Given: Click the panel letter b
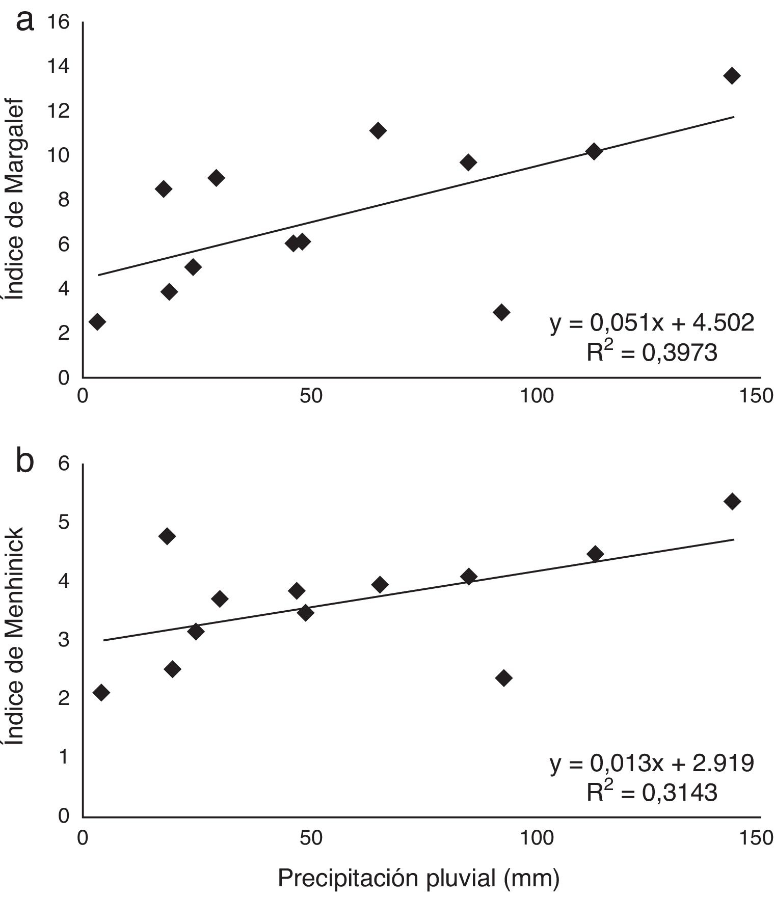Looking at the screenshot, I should tap(25, 461).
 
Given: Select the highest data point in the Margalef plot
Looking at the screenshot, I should tap(732, 76).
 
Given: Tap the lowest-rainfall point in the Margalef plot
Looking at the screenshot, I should tap(97, 321).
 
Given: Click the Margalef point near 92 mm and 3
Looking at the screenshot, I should tap(502, 312).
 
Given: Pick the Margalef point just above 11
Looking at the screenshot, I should tap(378, 130).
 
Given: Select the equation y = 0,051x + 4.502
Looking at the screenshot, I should tap(652, 323).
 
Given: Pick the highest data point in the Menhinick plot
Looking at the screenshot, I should tap(732, 501).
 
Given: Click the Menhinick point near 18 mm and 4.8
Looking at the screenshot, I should tap(167, 536).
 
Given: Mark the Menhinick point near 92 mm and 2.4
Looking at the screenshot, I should tap(503, 678).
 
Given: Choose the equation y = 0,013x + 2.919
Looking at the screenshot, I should tap(652, 763).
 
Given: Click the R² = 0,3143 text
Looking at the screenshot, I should tap(652, 793).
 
